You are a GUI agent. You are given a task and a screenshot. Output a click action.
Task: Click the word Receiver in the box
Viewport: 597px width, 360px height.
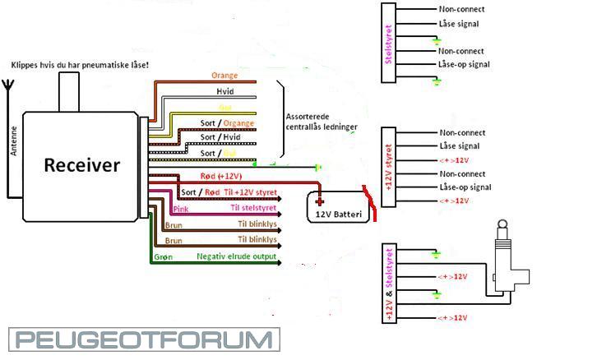[81, 165]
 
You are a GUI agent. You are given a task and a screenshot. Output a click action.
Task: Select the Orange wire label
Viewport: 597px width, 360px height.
[224, 76]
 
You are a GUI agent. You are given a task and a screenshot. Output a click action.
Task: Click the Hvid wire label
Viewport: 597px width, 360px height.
[224, 91]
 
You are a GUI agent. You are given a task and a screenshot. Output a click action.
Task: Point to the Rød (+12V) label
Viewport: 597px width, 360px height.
[220, 176]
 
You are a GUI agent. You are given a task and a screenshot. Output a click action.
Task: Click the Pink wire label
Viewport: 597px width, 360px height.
[182, 209]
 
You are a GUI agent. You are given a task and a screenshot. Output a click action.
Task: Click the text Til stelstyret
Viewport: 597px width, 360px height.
[254, 208]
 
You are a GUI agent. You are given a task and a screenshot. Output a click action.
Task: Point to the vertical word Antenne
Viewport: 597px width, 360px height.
[14, 140]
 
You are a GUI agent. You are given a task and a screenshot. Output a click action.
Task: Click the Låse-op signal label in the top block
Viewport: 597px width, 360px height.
[465, 64]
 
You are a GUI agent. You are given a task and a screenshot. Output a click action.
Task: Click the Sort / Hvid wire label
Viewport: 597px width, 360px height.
[220, 138]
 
